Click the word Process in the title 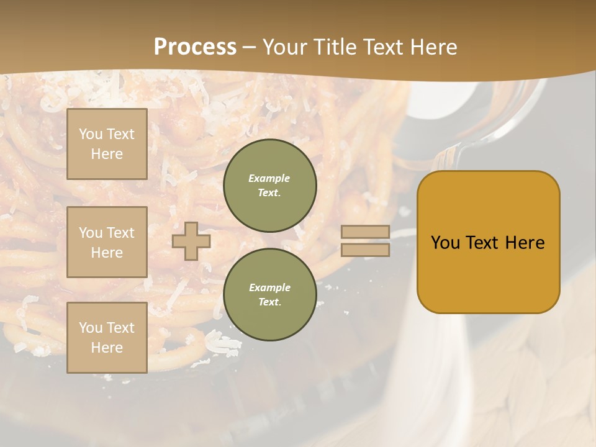pos(195,47)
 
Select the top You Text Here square pos(107,144)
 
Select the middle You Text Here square pos(107,242)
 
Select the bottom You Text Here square pos(107,337)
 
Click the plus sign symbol pos(191,241)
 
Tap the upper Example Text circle pos(269,185)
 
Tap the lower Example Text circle pos(269,294)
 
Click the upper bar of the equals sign pos(365,232)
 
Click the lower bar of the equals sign pos(365,250)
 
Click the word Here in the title pos(435,47)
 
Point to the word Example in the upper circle pos(269,178)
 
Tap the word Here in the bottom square pos(107,348)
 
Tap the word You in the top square pos(90,134)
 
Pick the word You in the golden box pos(445,243)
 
